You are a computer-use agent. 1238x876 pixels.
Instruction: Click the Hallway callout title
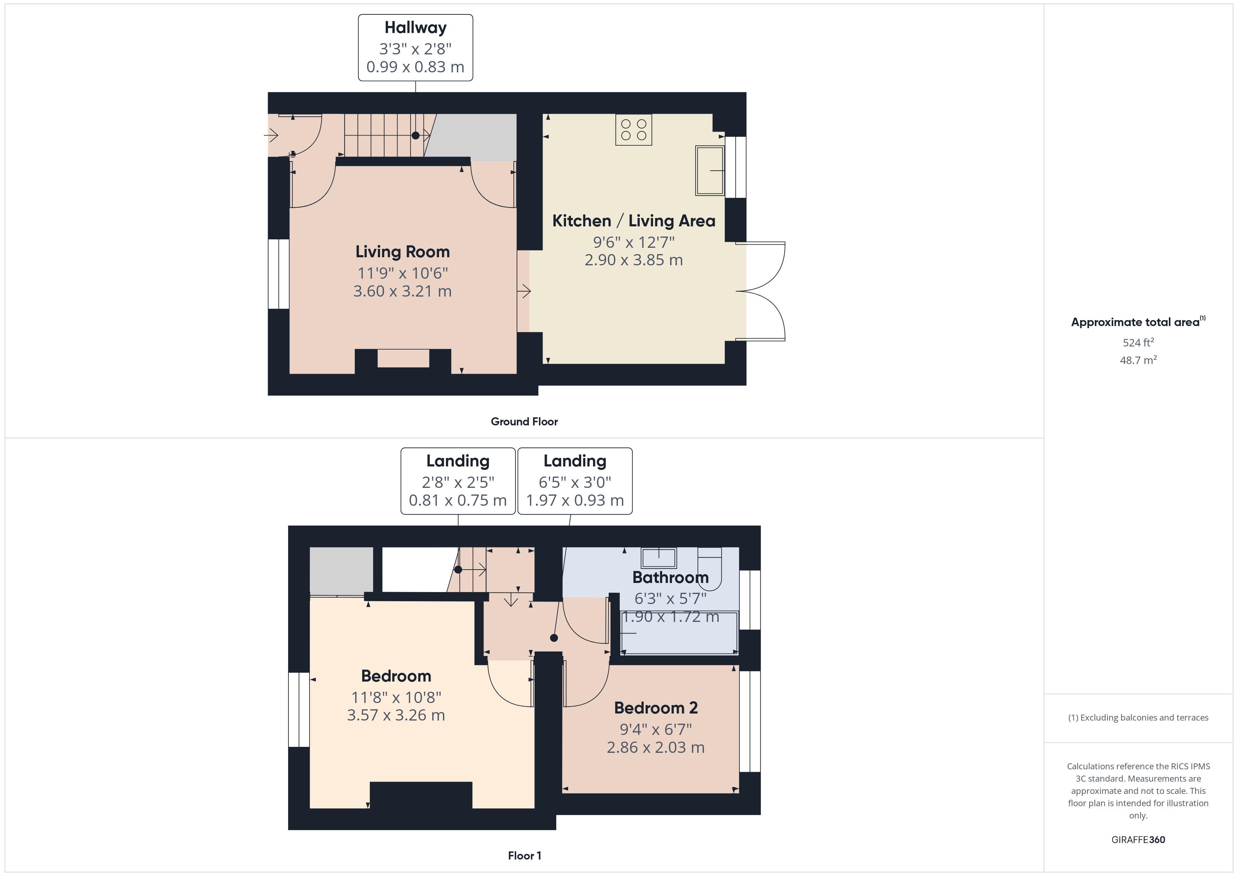coord(415,27)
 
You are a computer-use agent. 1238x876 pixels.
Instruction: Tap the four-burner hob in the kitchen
coord(633,130)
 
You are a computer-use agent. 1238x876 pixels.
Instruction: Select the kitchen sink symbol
coord(710,171)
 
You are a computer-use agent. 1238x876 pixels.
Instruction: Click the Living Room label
coord(402,252)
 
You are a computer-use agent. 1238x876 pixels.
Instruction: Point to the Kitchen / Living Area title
coord(633,221)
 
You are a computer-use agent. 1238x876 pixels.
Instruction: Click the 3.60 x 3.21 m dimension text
coord(402,291)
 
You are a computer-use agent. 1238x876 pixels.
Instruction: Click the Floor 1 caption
coord(524,856)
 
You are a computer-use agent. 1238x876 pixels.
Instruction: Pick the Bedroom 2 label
coord(655,708)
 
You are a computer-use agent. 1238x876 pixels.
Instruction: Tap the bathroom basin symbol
coord(658,558)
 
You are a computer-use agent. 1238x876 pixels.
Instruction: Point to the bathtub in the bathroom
coord(679,633)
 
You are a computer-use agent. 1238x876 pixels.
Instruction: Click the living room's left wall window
coord(279,274)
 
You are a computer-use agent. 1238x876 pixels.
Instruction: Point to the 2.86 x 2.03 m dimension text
coord(655,748)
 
